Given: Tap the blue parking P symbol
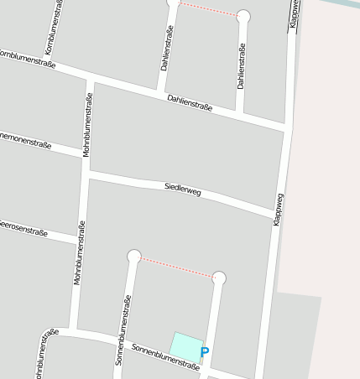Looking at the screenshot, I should pyautogui.click(x=205, y=353).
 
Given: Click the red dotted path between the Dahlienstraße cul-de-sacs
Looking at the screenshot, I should pyautogui.click(x=208, y=9).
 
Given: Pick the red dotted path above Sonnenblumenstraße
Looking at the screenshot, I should pyautogui.click(x=176, y=267).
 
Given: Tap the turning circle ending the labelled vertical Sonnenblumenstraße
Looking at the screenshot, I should pyautogui.click(x=133, y=256).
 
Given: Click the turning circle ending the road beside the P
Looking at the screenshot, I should pyautogui.click(x=220, y=278).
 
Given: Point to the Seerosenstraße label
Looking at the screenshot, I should pyautogui.click(x=16, y=227).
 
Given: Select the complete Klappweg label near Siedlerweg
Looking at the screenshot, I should pyautogui.click(x=279, y=209).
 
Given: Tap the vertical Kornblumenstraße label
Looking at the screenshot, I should pyautogui.click(x=55, y=29).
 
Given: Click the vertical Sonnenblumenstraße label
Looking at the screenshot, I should pyautogui.click(x=123, y=330).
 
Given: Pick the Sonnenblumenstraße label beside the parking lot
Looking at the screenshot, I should pyautogui.click(x=165, y=358).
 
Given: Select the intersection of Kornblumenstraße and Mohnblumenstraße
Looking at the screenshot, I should pyautogui.click(x=88, y=79).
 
